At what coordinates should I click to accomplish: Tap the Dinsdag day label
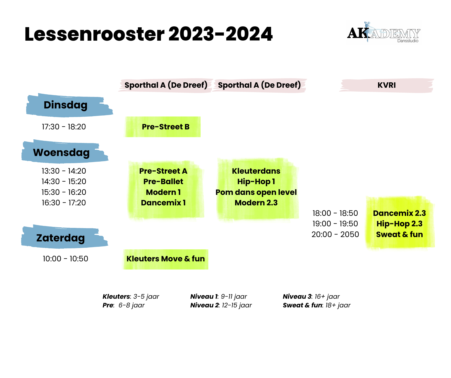click(66, 105)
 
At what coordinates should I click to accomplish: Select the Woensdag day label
click(61, 152)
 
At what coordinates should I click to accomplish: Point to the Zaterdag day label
click(61, 238)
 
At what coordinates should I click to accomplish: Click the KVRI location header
click(387, 85)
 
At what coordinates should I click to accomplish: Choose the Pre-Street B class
click(166, 127)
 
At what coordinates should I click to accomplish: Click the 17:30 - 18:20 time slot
click(64, 127)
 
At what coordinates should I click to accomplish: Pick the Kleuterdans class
click(256, 171)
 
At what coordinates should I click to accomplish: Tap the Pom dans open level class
click(256, 192)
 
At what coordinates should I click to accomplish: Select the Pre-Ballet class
click(163, 182)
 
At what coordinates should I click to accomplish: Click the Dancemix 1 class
click(163, 203)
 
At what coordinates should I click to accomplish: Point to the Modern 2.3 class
click(256, 203)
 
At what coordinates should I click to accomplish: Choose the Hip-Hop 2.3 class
click(399, 224)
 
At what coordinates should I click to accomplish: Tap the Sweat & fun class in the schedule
click(399, 235)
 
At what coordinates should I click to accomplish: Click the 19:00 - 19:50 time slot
click(335, 224)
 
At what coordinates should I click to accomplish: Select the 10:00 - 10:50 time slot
click(65, 259)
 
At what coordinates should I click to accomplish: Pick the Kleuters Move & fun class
click(166, 259)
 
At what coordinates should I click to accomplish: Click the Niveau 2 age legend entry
click(221, 305)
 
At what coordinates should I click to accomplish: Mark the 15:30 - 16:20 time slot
click(64, 192)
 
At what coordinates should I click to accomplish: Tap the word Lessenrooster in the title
click(94, 34)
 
